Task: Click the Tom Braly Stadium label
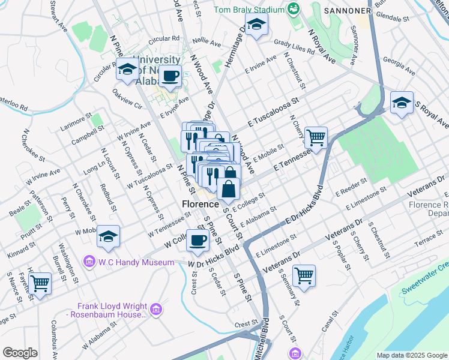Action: coord(249,10)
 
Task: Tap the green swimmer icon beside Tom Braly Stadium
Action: coord(293,9)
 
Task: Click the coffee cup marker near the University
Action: coord(170,76)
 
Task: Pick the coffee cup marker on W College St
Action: coord(197,241)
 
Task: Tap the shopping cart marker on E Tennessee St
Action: coord(315,137)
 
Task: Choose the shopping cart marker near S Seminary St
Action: coord(304,276)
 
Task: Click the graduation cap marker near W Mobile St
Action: coord(108,236)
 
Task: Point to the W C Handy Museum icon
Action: coord(89,261)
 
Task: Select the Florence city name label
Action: coord(200,205)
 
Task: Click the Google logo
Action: coord(20,353)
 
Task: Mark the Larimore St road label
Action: coord(76,121)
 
